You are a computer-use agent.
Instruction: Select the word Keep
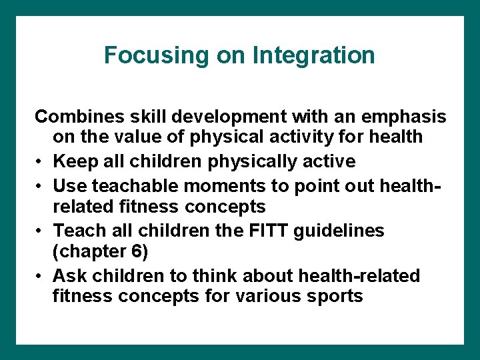[73, 161]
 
